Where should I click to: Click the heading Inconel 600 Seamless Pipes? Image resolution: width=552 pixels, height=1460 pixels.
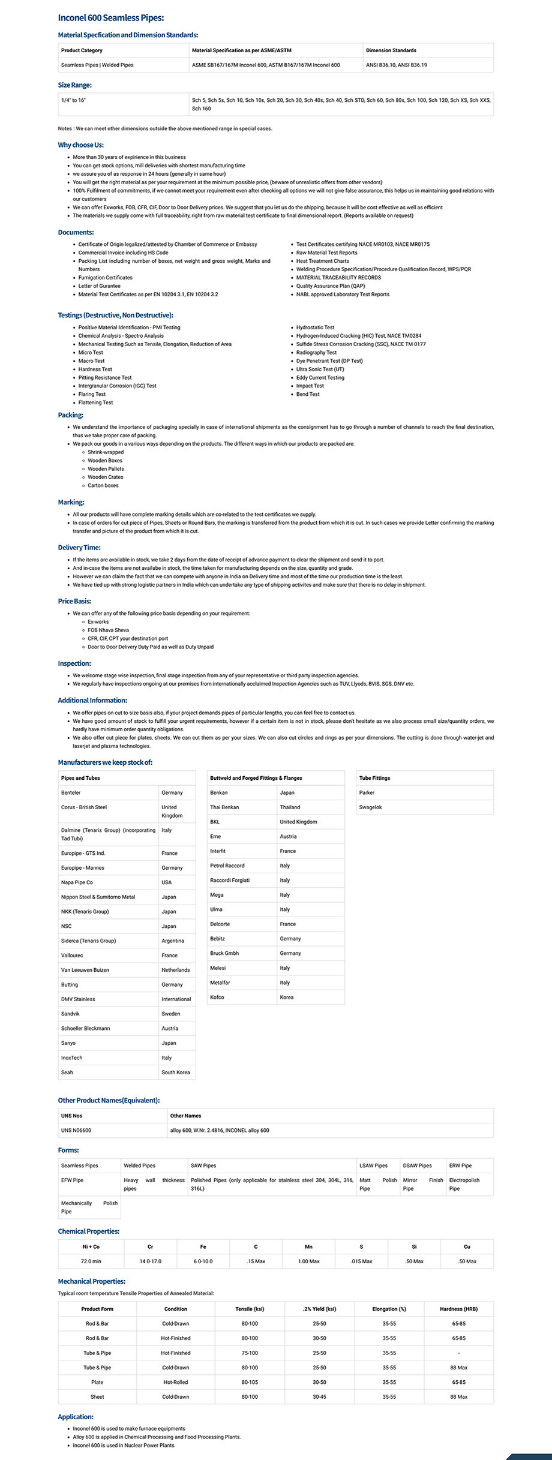[110, 18]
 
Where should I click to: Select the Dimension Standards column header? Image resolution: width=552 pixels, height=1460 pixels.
[391, 50]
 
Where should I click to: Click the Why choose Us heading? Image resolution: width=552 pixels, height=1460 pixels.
[80, 145]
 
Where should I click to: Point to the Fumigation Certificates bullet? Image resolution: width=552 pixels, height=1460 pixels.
[105, 278]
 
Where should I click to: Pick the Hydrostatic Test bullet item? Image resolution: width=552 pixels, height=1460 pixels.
[315, 328]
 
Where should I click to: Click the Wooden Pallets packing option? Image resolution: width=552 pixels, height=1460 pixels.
[106, 469]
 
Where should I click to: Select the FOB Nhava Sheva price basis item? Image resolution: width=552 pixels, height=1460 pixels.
[108, 630]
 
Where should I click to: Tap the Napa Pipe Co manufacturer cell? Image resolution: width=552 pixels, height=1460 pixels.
[77, 882]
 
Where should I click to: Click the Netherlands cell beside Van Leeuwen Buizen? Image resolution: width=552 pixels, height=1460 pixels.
[175, 970]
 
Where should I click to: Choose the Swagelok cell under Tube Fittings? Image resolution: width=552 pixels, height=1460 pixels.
[370, 807]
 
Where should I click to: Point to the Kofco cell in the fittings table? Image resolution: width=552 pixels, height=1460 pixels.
[217, 997]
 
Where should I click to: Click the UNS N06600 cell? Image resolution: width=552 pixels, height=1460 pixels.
[76, 1130]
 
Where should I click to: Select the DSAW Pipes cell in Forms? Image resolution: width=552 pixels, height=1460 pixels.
[417, 1165]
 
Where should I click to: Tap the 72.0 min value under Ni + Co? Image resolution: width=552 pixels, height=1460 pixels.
[91, 1261]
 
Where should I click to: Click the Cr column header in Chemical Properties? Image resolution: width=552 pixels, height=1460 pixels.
[151, 1246]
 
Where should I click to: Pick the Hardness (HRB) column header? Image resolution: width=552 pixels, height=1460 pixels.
[458, 1309]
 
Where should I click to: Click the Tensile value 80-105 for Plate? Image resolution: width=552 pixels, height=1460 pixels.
[250, 1382]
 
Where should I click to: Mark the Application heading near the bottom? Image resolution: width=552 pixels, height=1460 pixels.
[76, 1417]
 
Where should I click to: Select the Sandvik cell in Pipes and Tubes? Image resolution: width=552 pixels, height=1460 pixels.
[70, 1014]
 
